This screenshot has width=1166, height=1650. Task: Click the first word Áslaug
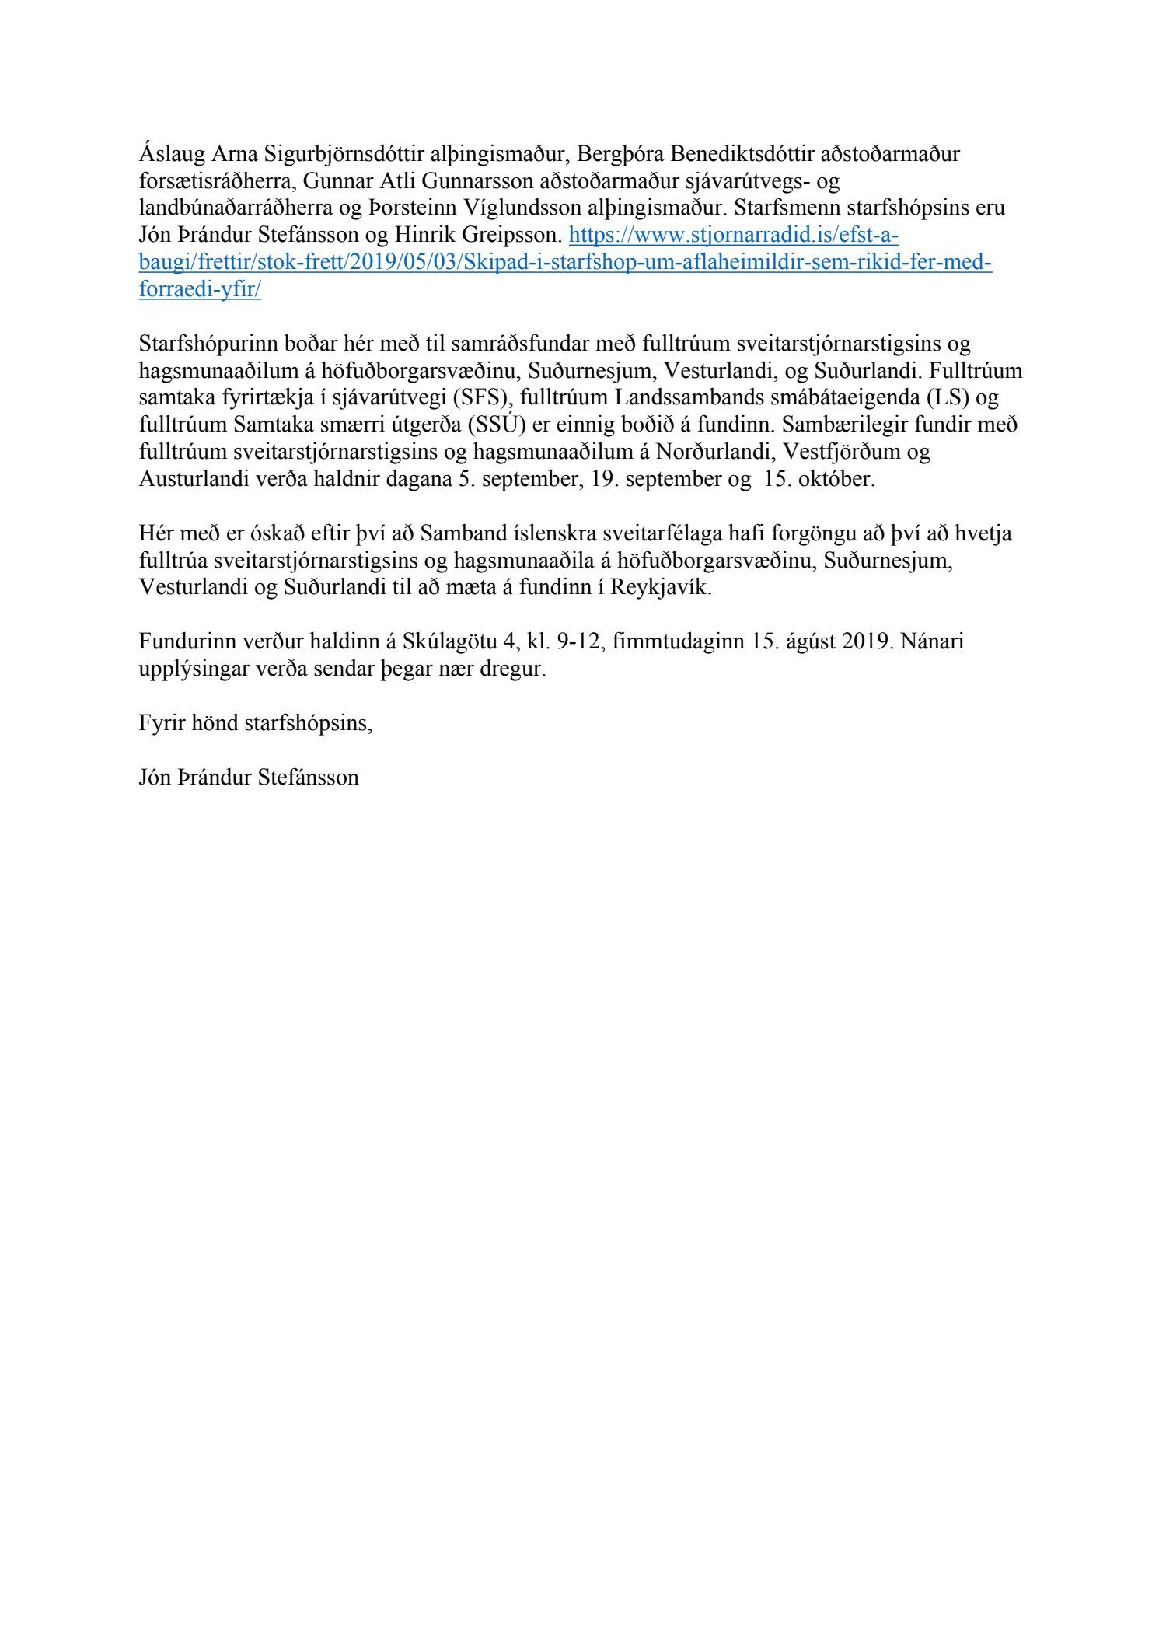point(168,155)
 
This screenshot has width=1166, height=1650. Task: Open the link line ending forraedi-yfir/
point(200,290)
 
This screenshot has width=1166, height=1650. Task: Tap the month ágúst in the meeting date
point(810,642)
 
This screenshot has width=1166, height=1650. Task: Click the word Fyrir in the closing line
point(161,723)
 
